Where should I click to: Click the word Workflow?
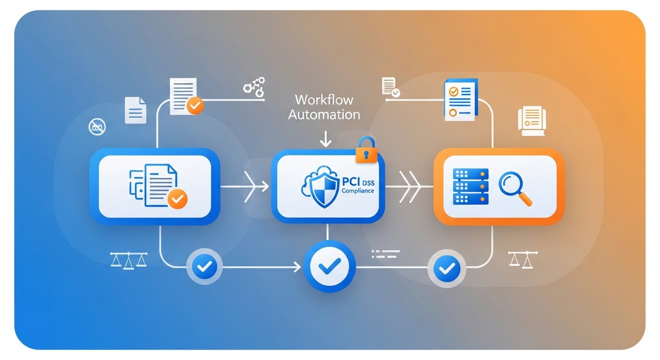coord(324,100)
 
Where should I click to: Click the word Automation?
coord(324,115)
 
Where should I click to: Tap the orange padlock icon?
coord(365,150)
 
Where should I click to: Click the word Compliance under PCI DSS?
coord(358,191)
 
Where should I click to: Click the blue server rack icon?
coord(471,186)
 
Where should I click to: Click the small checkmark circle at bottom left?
coord(204,266)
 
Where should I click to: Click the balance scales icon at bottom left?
coord(129,259)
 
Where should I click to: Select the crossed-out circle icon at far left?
coord(97,127)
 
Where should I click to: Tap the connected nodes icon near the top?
coord(254,86)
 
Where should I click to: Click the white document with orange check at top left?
coord(186,97)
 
